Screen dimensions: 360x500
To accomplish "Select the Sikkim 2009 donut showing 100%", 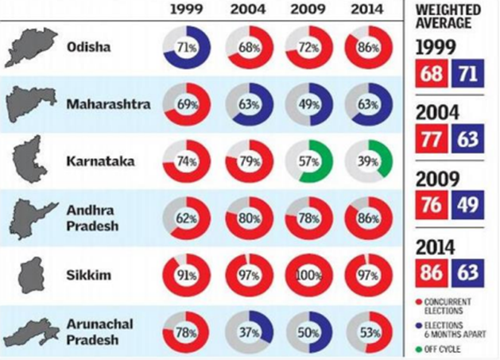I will coord(307,276).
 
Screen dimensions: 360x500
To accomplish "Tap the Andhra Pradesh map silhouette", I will coord(33,217).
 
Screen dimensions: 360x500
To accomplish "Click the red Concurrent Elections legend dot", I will coord(419,302).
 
